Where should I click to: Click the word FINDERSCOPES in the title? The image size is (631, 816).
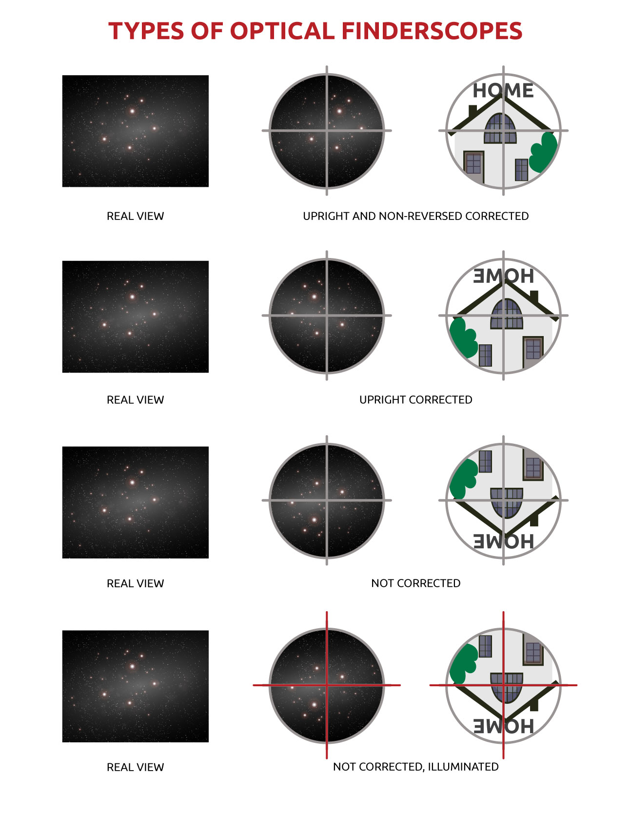pos(432,31)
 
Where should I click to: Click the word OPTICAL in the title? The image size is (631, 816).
pos(282,31)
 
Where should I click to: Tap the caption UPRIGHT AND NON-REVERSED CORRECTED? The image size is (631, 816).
pos(415,216)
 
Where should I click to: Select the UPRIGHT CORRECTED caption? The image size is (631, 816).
pos(415,400)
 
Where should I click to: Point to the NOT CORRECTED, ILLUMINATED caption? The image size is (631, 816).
pos(415,767)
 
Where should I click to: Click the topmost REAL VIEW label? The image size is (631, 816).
pos(135,216)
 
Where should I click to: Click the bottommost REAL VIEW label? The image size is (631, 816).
pos(135,767)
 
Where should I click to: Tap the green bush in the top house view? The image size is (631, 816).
pos(543,152)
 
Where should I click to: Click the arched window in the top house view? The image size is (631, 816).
pos(500,129)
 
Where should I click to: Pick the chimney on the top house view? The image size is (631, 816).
pos(472,112)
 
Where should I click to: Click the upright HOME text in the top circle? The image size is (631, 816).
pos(503,91)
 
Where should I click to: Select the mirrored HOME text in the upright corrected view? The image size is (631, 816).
pos(503,276)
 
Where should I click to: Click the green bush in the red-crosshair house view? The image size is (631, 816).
pos(464,663)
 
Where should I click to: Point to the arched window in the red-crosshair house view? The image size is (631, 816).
pos(507,688)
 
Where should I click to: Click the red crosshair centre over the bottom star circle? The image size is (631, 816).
pos(327,685)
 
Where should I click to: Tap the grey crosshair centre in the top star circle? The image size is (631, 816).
pos(327,131)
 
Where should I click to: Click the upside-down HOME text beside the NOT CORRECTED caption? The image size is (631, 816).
pos(503,541)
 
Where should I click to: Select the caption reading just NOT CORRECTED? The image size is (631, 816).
pos(415,583)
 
